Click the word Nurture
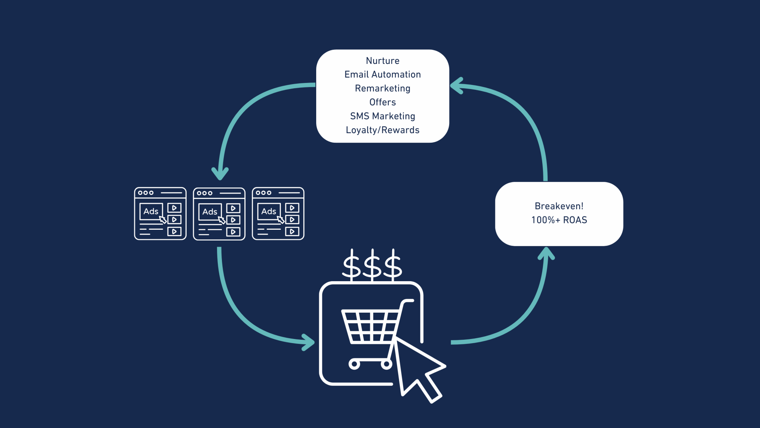382,61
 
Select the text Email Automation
382,75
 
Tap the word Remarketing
382,88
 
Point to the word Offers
382,102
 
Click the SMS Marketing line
382,116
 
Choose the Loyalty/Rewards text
382,130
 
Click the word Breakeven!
559,206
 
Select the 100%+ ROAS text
559,220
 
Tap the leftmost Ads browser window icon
160,213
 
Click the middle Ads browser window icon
219,214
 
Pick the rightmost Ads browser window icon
278,213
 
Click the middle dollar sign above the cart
372,265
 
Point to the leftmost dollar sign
351,265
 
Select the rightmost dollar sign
393,265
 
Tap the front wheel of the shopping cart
354,364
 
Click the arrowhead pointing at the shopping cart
309,342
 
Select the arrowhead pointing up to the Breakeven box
546,253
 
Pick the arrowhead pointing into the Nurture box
456,86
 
